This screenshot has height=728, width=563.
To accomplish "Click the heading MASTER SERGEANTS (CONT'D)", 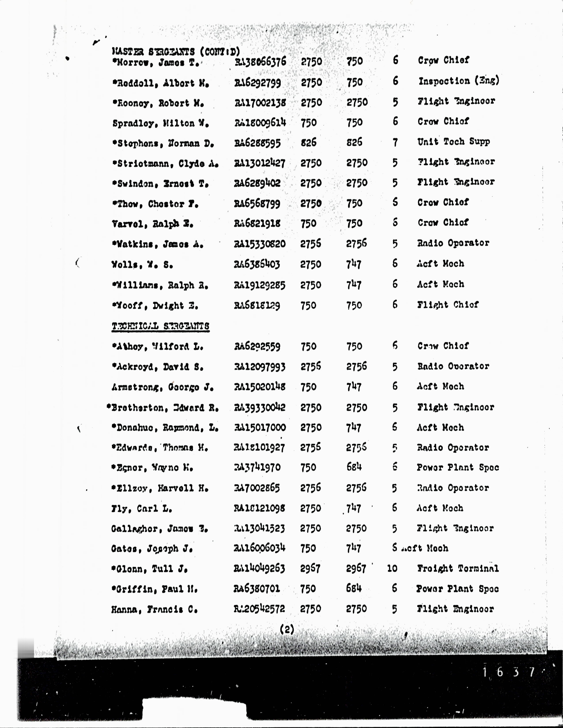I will (x=176, y=52).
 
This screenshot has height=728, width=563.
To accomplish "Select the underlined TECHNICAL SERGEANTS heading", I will (x=161, y=326).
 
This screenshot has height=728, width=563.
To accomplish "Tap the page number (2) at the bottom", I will (x=287, y=629).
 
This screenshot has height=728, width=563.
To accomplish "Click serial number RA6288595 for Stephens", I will (x=257, y=143).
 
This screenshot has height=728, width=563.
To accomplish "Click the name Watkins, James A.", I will (x=158, y=244).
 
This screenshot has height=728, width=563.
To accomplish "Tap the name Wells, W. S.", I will (x=142, y=265).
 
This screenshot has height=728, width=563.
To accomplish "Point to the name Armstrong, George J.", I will (x=162, y=387).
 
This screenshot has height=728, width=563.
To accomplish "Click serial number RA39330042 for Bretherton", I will (x=259, y=407).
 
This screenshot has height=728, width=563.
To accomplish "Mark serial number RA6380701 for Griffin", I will (x=257, y=589).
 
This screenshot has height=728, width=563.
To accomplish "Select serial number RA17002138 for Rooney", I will (x=260, y=102).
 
